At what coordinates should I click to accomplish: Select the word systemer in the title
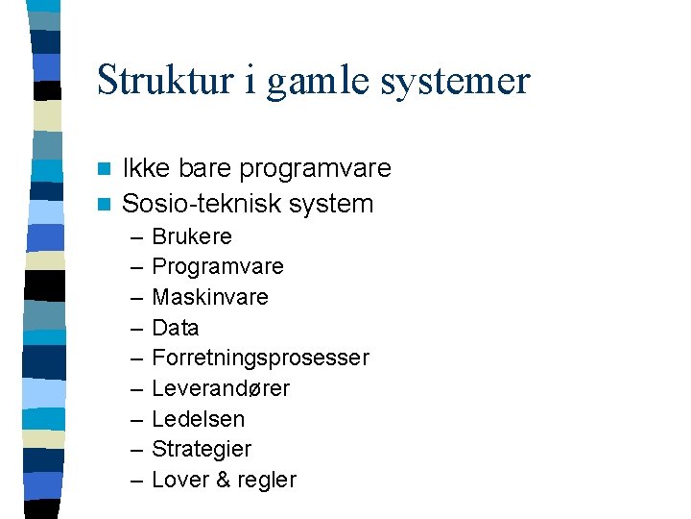(x=455, y=82)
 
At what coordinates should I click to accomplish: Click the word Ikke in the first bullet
(x=145, y=168)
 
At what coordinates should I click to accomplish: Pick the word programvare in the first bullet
(x=315, y=170)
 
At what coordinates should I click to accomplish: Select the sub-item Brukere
(x=192, y=236)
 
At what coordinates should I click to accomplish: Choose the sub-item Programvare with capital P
(x=218, y=267)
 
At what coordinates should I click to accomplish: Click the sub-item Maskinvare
(x=210, y=297)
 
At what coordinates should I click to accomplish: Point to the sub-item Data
(x=176, y=328)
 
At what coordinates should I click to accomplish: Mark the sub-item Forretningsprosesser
(x=260, y=358)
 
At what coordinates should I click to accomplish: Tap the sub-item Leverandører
(x=221, y=388)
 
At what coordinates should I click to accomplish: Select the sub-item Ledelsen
(x=199, y=419)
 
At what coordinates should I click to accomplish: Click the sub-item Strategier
(x=202, y=449)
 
